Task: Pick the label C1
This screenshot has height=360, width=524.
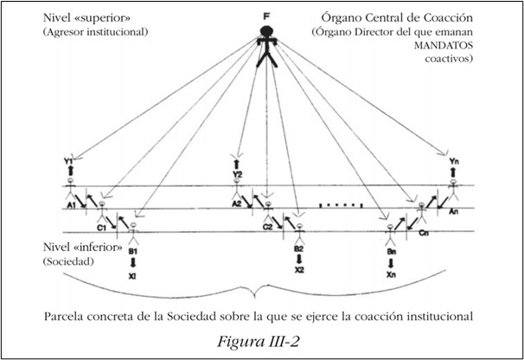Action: [102, 228]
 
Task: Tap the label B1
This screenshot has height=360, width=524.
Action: [134, 252]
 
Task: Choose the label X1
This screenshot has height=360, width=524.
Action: [133, 278]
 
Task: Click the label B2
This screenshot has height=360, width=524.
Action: [298, 248]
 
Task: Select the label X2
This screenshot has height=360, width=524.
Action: [298, 271]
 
